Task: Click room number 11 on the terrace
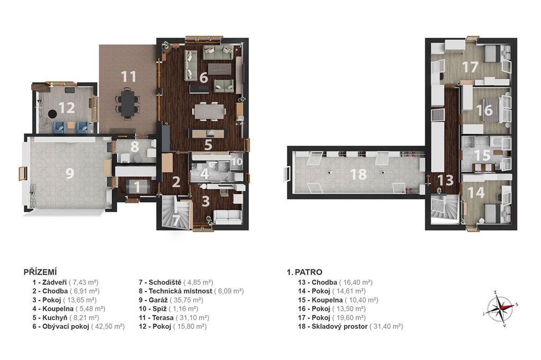128,77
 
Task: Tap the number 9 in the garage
70,173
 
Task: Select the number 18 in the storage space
358,175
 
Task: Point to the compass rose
500,307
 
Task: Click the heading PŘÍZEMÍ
40,272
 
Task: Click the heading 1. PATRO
304,272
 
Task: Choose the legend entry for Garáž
171,300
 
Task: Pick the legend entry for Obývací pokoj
78,326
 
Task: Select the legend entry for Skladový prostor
350,326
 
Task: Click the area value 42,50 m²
108,326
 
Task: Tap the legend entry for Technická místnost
191,291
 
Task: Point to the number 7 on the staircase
176,220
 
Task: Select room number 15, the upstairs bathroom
482,155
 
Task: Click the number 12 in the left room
67,108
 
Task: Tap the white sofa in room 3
228,216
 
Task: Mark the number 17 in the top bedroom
470,67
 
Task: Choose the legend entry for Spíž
169,309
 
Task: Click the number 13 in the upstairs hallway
445,180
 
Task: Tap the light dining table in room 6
208,111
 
